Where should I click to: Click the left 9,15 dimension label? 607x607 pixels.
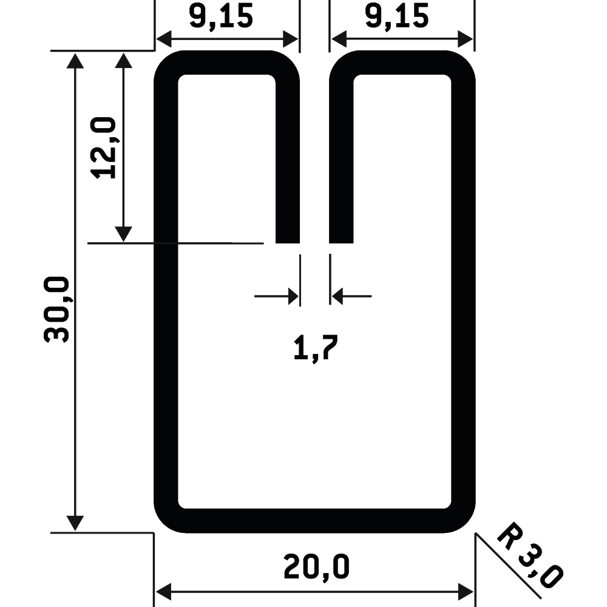coord(221,16)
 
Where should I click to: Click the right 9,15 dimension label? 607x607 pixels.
coord(397,16)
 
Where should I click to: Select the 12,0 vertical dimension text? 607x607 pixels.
coord(103,148)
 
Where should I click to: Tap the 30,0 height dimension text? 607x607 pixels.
coord(56,310)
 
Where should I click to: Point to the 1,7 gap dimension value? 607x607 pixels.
coord(316,348)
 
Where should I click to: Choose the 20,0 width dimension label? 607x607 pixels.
coord(317,566)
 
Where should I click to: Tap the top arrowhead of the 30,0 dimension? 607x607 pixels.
coord(75,60)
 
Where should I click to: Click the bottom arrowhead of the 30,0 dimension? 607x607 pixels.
coord(75,523)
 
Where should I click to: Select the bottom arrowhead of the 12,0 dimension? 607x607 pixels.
coord(123,234)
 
